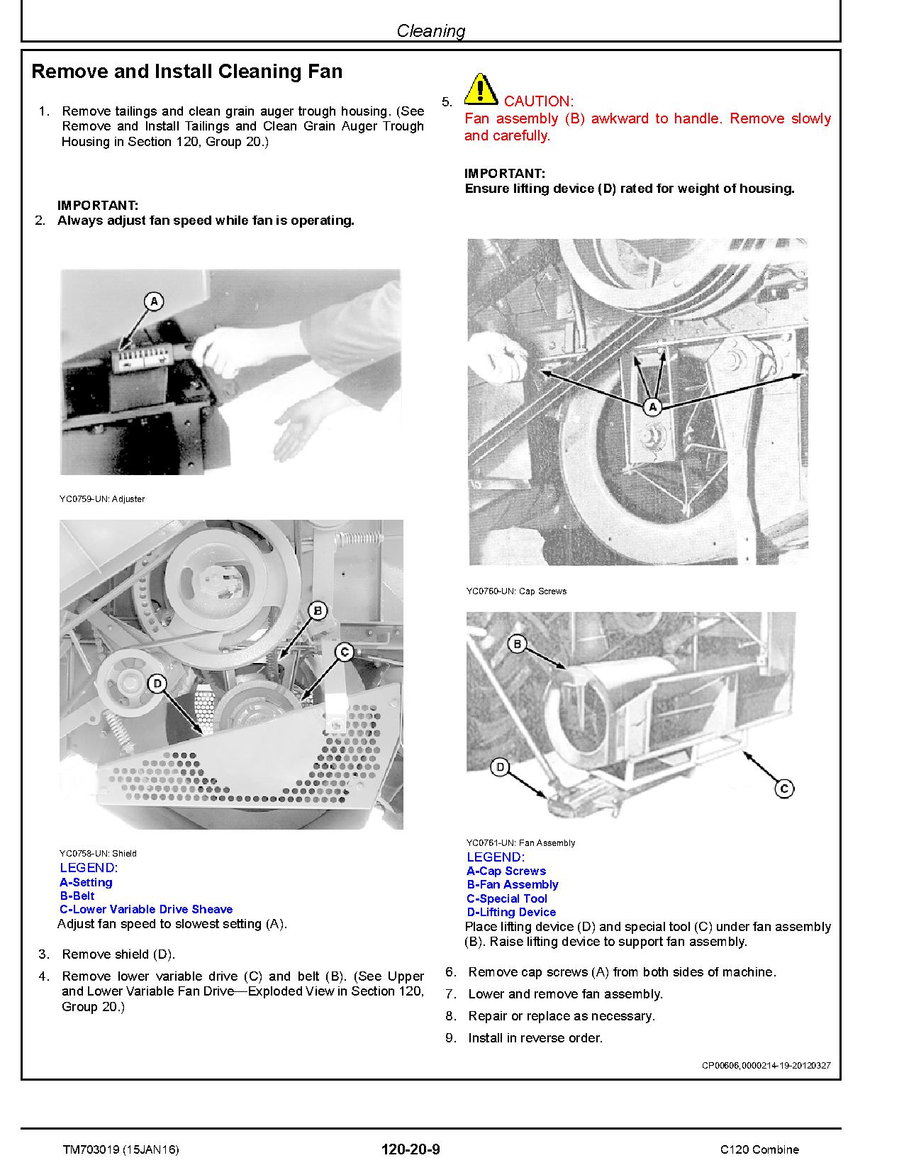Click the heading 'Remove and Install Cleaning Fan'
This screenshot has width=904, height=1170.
[187, 72]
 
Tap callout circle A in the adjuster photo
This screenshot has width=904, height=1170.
[154, 301]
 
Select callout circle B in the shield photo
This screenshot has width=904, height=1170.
[318, 611]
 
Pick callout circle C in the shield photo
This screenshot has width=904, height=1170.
[344, 652]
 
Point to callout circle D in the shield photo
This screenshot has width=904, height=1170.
[157, 684]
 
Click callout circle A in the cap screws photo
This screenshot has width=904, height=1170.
[652, 407]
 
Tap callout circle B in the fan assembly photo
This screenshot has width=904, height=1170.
[518, 644]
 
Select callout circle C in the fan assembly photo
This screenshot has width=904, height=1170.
[783, 788]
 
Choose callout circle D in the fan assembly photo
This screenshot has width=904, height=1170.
[501, 767]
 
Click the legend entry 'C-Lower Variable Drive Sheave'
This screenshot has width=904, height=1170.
[146, 909]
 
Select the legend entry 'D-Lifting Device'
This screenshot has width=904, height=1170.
[511, 912]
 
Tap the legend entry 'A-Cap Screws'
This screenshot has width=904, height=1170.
[506, 871]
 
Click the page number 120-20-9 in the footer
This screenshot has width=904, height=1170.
[411, 1149]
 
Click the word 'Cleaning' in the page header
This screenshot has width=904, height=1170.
[430, 30]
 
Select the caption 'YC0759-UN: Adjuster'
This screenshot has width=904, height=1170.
[102, 498]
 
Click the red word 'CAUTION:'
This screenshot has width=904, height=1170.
[538, 101]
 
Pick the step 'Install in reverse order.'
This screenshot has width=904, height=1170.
[535, 1038]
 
